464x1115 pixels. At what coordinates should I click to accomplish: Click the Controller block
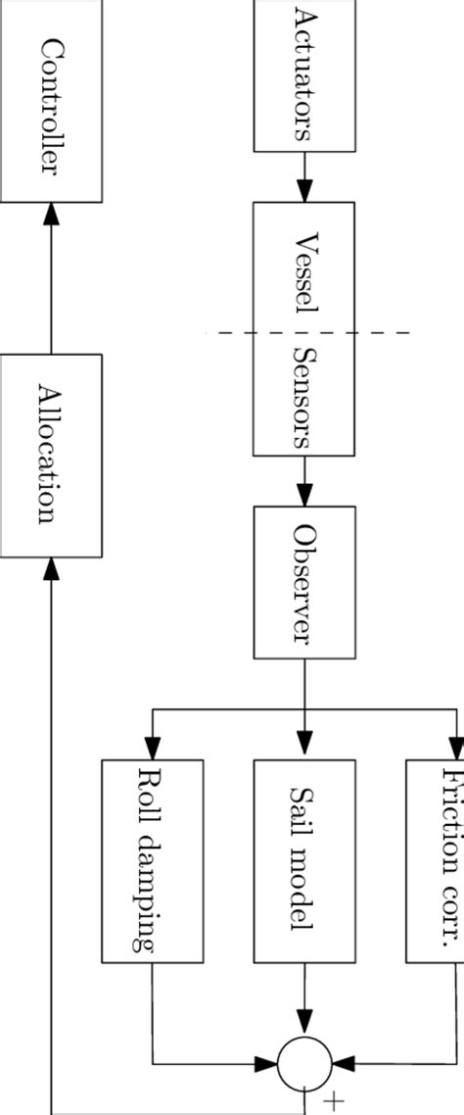coord(51,103)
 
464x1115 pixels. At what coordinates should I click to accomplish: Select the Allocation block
coord(51,455)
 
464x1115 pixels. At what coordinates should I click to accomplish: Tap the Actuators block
coord(304,76)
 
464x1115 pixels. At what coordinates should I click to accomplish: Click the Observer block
coord(304,583)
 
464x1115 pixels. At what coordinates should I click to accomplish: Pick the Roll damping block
coord(152,845)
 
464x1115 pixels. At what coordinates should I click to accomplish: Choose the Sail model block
coord(304,845)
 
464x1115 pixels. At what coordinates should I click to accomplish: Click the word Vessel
coord(304,273)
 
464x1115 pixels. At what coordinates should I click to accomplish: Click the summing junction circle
coord(304,1062)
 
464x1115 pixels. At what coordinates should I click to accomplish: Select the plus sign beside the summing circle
coord(335,1101)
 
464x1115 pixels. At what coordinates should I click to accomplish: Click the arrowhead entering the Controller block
coord(51,215)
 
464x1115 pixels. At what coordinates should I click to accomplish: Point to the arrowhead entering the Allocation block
coord(51,568)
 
